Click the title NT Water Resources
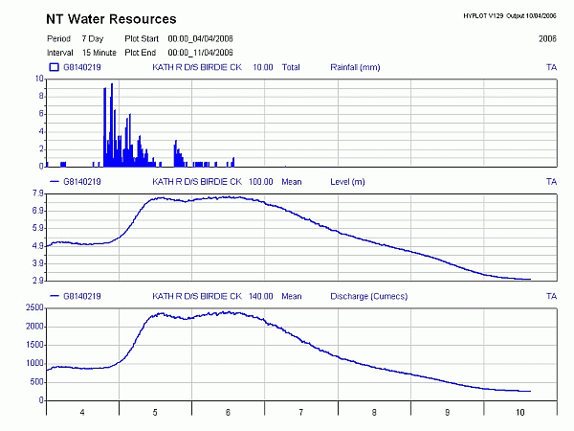111,19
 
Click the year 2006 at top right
547,38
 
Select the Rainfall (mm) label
355,68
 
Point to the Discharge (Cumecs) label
367,296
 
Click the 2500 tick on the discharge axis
33,308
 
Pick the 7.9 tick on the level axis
37,193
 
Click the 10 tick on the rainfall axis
39,80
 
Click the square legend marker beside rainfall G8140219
54,68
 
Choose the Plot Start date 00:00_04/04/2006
201,38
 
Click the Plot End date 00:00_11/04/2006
201,51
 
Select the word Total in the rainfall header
291,68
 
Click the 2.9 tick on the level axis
37,281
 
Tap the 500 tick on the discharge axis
35,381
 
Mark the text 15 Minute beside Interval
99,51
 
